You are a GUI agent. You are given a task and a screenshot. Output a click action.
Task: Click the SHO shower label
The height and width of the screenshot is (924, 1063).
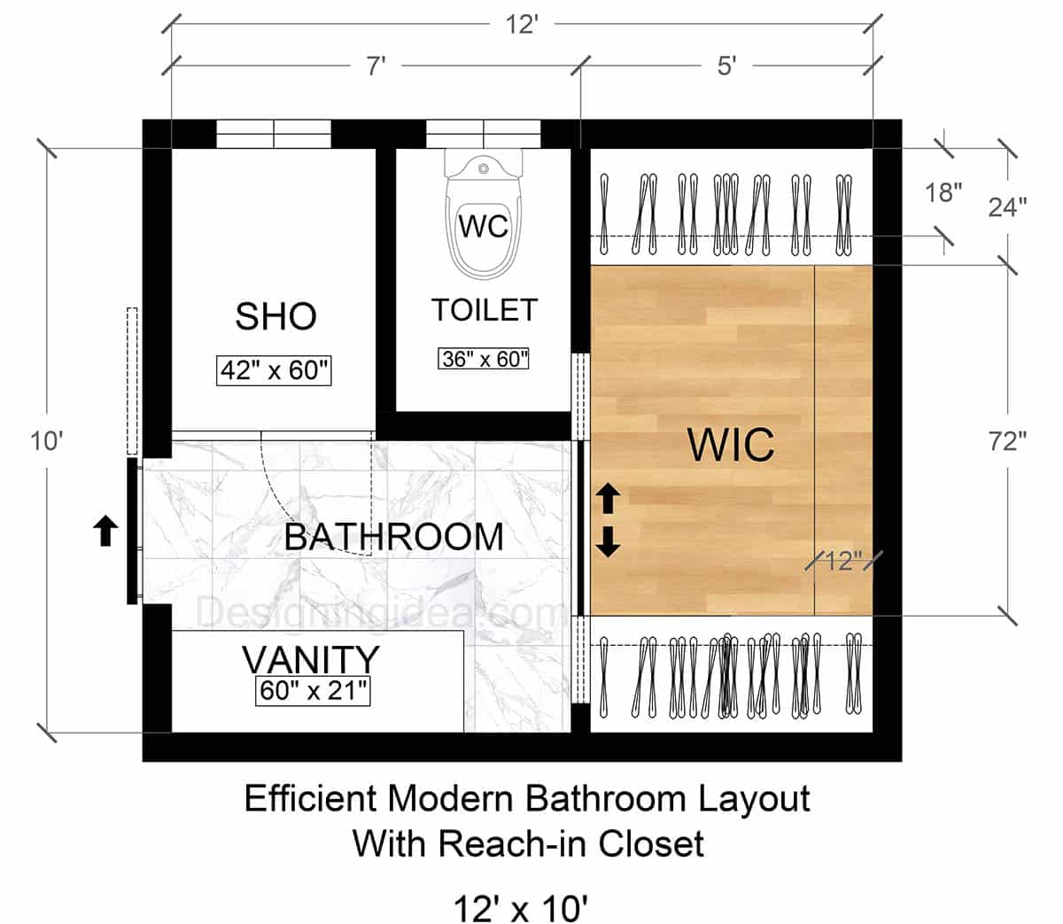275,316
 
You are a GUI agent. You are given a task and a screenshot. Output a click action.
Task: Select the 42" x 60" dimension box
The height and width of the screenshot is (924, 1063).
275,370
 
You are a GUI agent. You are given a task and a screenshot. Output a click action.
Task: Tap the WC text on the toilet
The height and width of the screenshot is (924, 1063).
484,226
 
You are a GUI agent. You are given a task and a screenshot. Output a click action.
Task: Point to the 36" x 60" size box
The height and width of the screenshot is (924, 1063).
484,359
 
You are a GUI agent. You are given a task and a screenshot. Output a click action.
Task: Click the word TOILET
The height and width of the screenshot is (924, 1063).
484,310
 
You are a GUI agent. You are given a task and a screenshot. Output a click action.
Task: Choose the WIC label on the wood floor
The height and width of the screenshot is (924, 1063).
731,445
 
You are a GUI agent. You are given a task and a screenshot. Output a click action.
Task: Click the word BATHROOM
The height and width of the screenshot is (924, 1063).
393,537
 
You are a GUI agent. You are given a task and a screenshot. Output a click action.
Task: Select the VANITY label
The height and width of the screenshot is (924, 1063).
311,660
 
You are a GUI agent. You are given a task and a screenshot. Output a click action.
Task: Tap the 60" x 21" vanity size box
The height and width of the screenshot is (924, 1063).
313,690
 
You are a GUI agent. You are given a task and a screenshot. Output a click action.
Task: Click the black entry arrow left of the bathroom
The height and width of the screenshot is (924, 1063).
105,532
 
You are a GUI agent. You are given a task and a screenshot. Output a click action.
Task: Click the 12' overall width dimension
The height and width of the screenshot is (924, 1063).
523,25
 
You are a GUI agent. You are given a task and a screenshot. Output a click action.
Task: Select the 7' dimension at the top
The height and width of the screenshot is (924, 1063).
376,67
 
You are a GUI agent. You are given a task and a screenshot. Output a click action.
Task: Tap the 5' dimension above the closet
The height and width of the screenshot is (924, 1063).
726,67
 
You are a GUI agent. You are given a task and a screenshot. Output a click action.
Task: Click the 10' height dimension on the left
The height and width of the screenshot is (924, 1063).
46,439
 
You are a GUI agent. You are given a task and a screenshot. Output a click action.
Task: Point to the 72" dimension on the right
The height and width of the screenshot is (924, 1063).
1007,441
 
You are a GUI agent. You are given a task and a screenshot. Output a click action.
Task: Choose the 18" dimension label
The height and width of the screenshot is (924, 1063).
944,191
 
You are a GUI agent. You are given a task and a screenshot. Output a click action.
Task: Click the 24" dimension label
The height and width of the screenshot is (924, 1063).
1008,206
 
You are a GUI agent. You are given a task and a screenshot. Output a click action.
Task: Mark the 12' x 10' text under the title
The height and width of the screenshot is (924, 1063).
522,907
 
